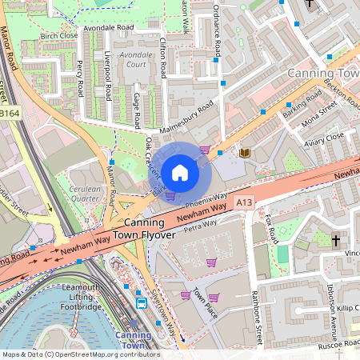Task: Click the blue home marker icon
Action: (x=180, y=171)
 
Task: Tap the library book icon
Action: (x=245, y=152)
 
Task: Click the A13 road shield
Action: (x=244, y=204)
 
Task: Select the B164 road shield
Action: (x=10, y=115)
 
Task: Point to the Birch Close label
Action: (x=58, y=36)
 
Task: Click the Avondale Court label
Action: (x=134, y=60)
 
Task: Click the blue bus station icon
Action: (x=142, y=302)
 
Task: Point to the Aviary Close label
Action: (x=325, y=138)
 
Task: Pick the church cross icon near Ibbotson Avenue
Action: (x=336, y=240)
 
